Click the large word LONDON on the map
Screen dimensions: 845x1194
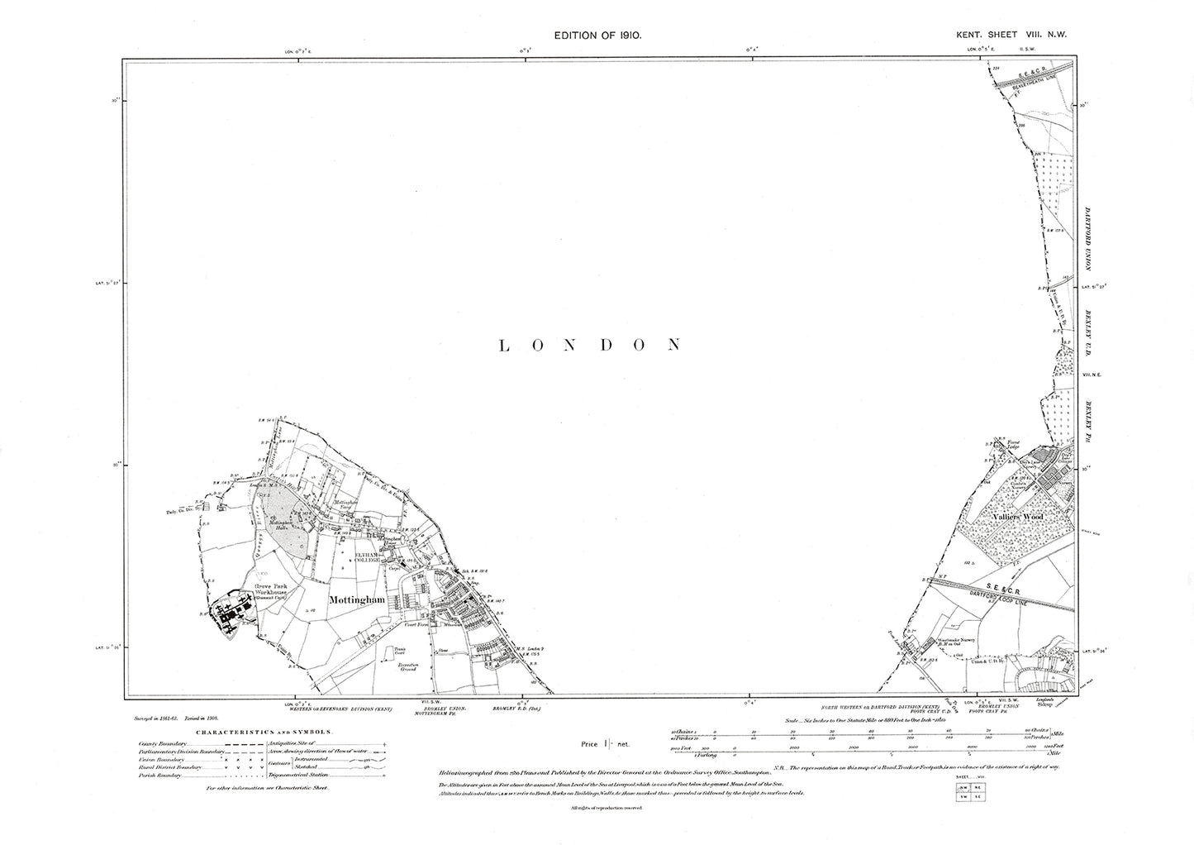coord(590,345)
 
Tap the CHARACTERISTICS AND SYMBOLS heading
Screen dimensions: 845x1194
coord(264,732)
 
